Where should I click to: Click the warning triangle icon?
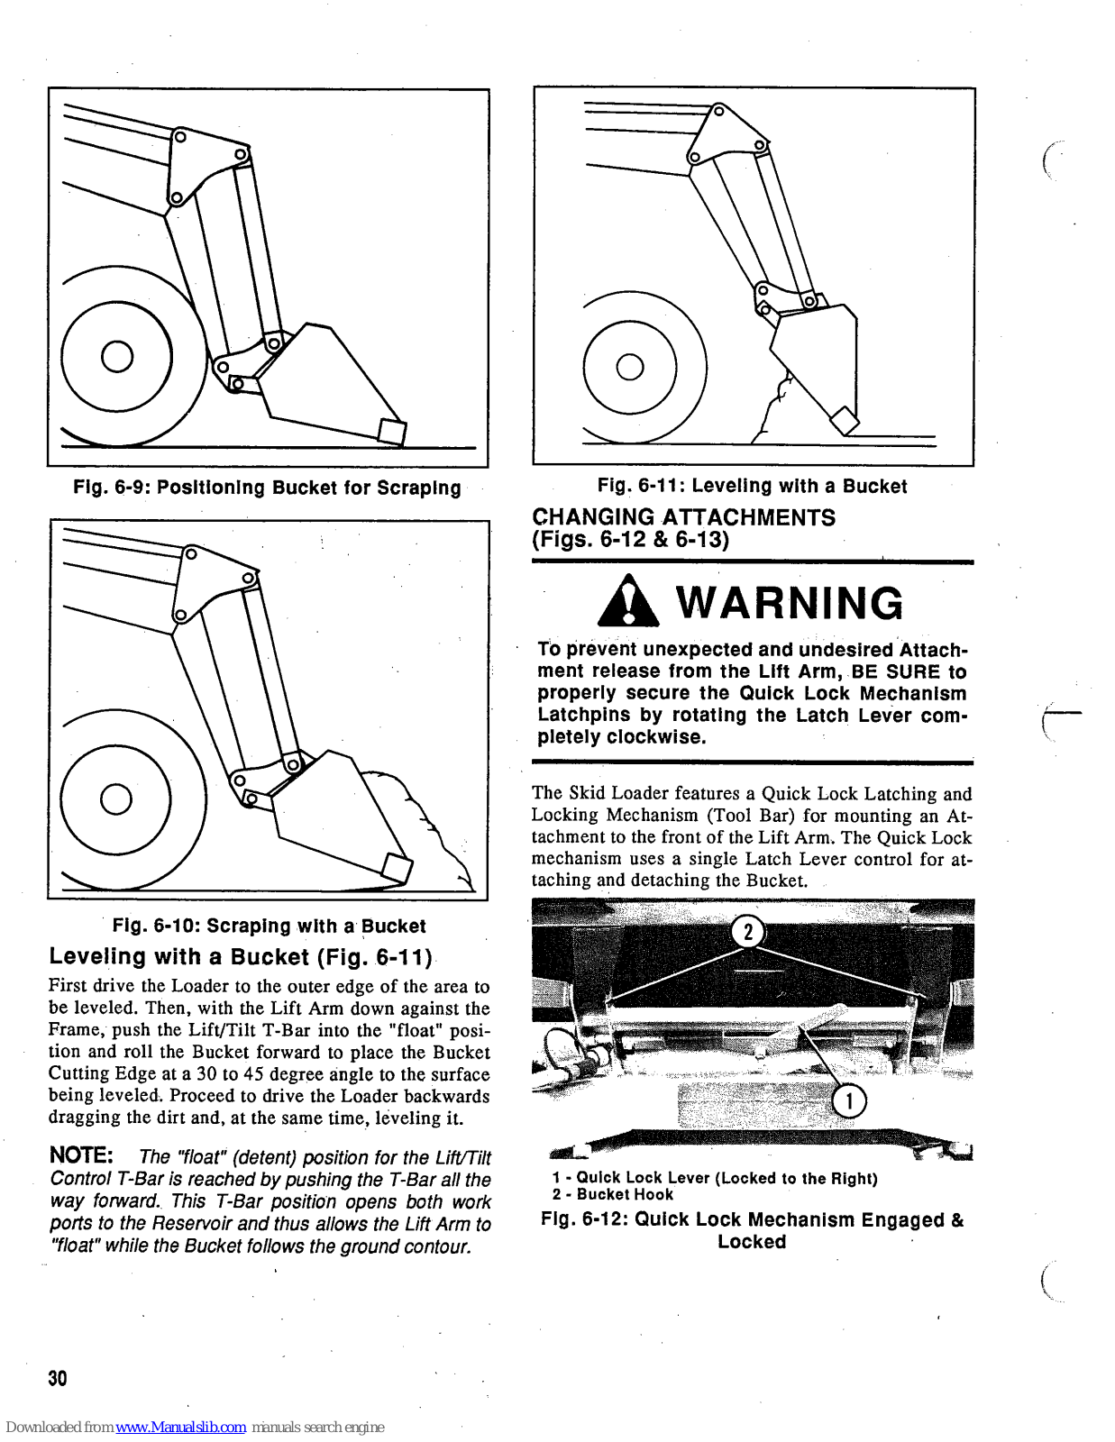[x=628, y=602]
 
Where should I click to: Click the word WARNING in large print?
[x=790, y=603]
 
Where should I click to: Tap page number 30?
[x=58, y=1378]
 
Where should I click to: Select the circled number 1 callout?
[x=848, y=1100]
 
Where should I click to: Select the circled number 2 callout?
[x=747, y=932]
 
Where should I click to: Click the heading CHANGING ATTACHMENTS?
[x=683, y=517]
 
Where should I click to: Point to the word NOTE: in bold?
[x=81, y=1155]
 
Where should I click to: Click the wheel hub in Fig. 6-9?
[x=117, y=357]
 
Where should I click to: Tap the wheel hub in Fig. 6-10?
[x=116, y=799]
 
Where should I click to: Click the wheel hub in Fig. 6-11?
[x=630, y=367]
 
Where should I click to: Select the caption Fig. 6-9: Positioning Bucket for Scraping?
[x=267, y=488]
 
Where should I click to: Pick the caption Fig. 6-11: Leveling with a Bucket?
[x=752, y=486]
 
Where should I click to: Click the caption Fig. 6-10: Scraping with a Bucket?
[x=269, y=926]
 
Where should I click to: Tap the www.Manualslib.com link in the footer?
[x=180, y=1427]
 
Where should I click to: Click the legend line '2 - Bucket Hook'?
[x=613, y=1194]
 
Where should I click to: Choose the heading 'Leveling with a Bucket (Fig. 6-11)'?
[x=241, y=956]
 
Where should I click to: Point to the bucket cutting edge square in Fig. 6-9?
[x=392, y=433]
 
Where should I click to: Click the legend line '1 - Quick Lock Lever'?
[x=715, y=1178]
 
